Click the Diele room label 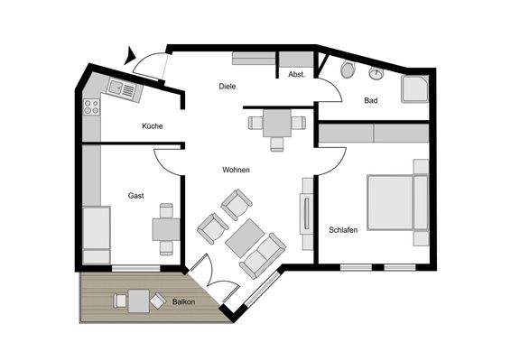(228, 87)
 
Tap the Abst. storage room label (296, 74)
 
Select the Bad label (370, 100)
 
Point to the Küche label (153, 126)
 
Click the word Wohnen (237, 170)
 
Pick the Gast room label (136, 195)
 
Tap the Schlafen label (344, 230)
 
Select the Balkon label (184, 301)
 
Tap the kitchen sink (121, 87)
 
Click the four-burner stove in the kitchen (91, 106)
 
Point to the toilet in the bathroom (348, 70)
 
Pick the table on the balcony (138, 300)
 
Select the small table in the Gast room (164, 229)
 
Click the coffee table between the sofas (244, 238)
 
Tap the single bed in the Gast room (96, 235)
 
